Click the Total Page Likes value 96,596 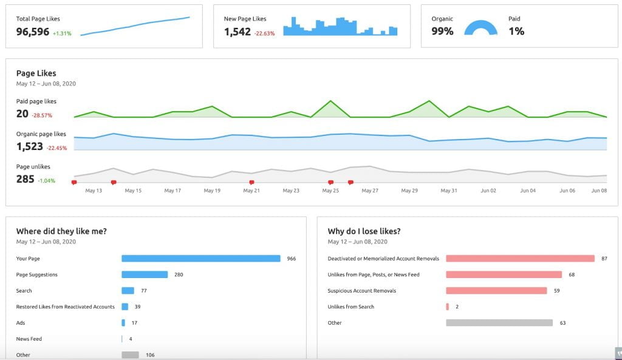pyautogui.click(x=33, y=32)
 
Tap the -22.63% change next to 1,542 pyautogui.click(x=264, y=33)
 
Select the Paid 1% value pyautogui.click(x=516, y=31)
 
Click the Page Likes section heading pyautogui.click(x=36, y=73)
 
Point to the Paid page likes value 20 pyautogui.click(x=22, y=114)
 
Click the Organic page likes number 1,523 pyautogui.click(x=30, y=146)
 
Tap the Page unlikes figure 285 pyautogui.click(x=26, y=179)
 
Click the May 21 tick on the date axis pyautogui.click(x=251, y=191)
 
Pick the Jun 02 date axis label pyautogui.click(x=488, y=191)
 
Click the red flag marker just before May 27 pyautogui.click(x=350, y=182)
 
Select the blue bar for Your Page pyautogui.click(x=200, y=259)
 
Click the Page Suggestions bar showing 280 pyautogui.click(x=145, y=274)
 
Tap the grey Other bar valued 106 pyautogui.click(x=130, y=355)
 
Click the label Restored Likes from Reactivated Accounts pyautogui.click(x=65, y=307)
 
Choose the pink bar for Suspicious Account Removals pyautogui.click(x=496, y=291)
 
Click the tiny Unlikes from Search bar pyautogui.click(x=448, y=307)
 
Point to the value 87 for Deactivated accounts pyautogui.click(x=604, y=259)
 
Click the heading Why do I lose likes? pyautogui.click(x=364, y=231)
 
